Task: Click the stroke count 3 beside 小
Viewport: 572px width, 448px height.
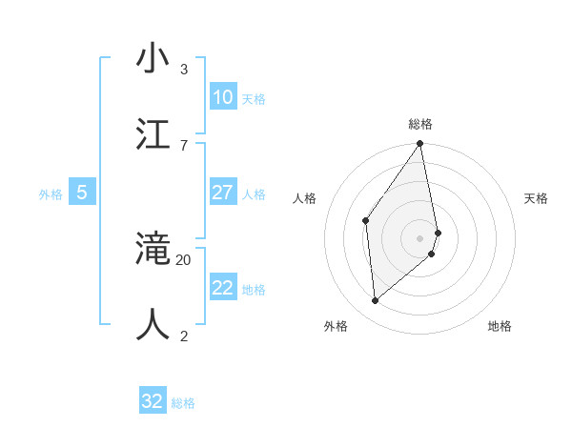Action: pyautogui.click(x=183, y=69)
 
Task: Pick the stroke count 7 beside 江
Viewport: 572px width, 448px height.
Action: pyautogui.click(x=183, y=145)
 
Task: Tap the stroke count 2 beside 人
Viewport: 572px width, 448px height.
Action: pyautogui.click(x=183, y=336)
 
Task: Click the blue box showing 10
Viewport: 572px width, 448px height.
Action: pyautogui.click(x=222, y=97)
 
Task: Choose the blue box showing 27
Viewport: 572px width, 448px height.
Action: pyautogui.click(x=222, y=193)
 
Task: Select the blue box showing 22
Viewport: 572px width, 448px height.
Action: pyautogui.click(x=222, y=288)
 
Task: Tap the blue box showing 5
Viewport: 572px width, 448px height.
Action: pyautogui.click(x=82, y=193)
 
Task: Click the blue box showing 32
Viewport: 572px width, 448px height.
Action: pyautogui.click(x=153, y=401)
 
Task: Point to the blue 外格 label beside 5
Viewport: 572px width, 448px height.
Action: pyautogui.click(x=51, y=194)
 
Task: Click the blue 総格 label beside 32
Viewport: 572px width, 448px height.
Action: pyautogui.click(x=183, y=403)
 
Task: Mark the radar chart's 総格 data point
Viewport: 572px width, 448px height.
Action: pyautogui.click(x=419, y=144)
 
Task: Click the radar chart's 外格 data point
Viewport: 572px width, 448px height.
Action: pyautogui.click(x=375, y=300)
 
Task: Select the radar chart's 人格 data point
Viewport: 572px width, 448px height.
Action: pyautogui.click(x=365, y=221)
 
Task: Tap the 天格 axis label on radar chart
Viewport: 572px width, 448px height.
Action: pyautogui.click(x=536, y=198)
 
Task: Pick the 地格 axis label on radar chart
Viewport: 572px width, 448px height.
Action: pyautogui.click(x=500, y=326)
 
